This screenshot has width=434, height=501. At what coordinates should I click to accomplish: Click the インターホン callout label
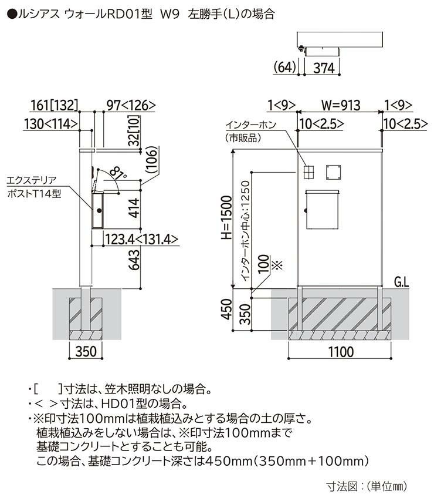(x=250, y=125)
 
